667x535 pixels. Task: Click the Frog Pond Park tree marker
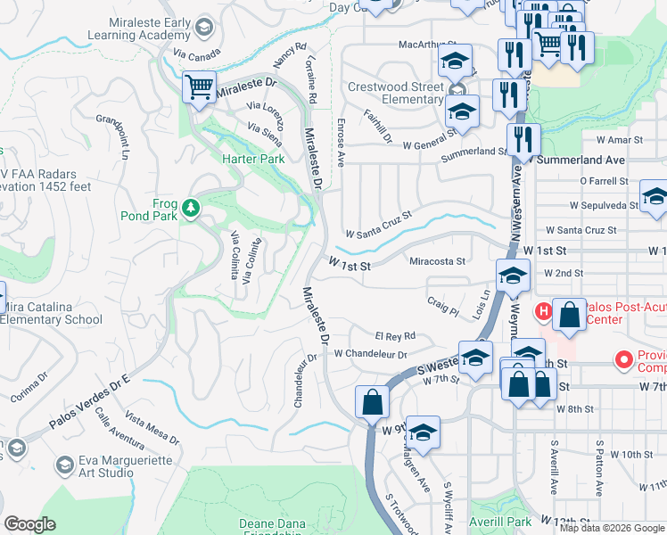(189, 209)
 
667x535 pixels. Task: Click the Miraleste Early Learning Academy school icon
(206, 28)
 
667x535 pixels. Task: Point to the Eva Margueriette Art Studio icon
(64, 465)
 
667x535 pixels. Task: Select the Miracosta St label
(437, 261)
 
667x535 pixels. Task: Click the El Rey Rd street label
(395, 336)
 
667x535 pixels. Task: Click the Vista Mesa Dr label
(152, 430)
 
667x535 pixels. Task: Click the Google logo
(29, 524)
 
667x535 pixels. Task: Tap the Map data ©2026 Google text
(611, 528)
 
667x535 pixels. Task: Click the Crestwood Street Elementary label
(395, 93)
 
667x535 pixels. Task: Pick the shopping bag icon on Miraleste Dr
(372, 401)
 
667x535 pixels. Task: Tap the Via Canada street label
(197, 55)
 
